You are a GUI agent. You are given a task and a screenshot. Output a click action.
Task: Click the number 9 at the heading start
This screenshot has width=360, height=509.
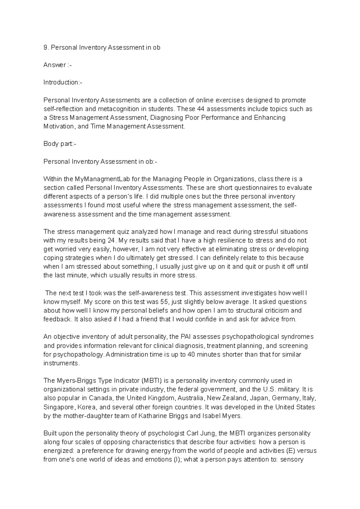(45, 47)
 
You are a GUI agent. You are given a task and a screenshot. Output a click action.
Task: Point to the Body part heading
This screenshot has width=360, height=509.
(60, 144)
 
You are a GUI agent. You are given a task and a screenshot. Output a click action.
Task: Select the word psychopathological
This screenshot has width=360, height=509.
(249, 337)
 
